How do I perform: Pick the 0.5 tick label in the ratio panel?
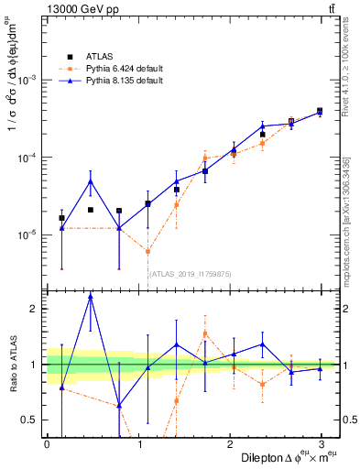29,420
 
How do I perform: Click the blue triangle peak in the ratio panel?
90,297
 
